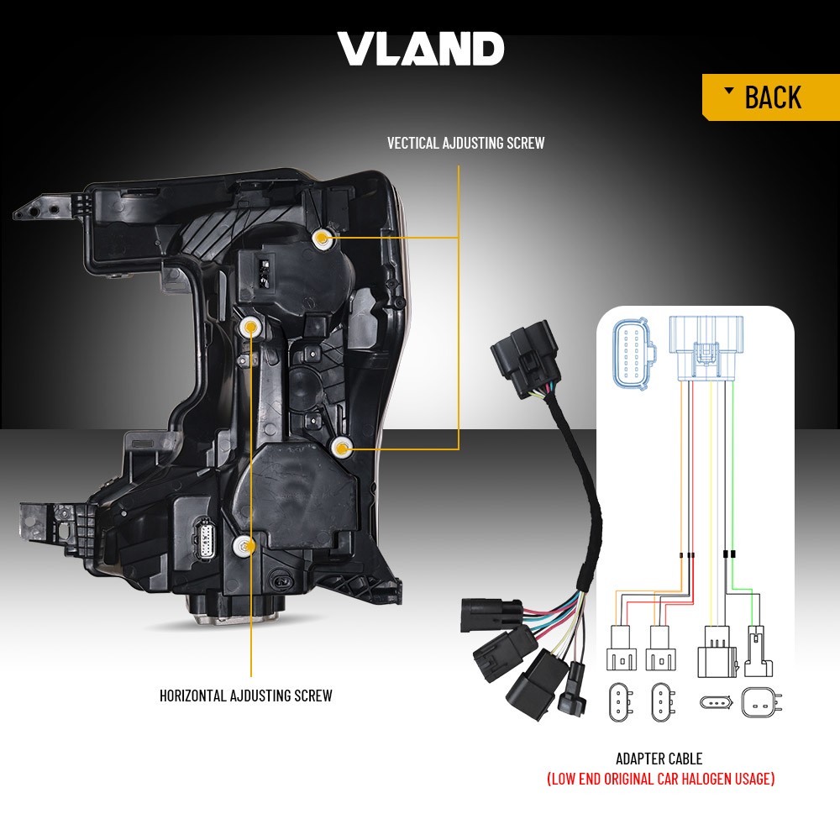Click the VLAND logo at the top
pyautogui.click(x=421, y=49)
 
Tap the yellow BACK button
pyautogui.click(x=771, y=97)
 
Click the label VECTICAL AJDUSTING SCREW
pyautogui.click(x=465, y=143)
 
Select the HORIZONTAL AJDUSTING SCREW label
pyautogui.click(x=246, y=696)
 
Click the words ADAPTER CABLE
pyautogui.click(x=659, y=759)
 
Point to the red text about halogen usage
pyautogui.click(x=660, y=779)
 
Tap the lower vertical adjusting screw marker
pyautogui.click(x=341, y=447)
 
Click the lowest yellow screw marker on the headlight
pyautogui.click(x=244, y=546)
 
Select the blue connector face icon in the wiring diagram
pyautogui.click(x=634, y=355)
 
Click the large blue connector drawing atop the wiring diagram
pyautogui.click(x=706, y=349)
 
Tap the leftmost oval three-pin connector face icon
pyautogui.click(x=621, y=702)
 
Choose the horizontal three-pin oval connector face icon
pyautogui.click(x=717, y=701)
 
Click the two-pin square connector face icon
pyautogui.click(x=760, y=702)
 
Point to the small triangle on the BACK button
pyautogui.click(x=728, y=90)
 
